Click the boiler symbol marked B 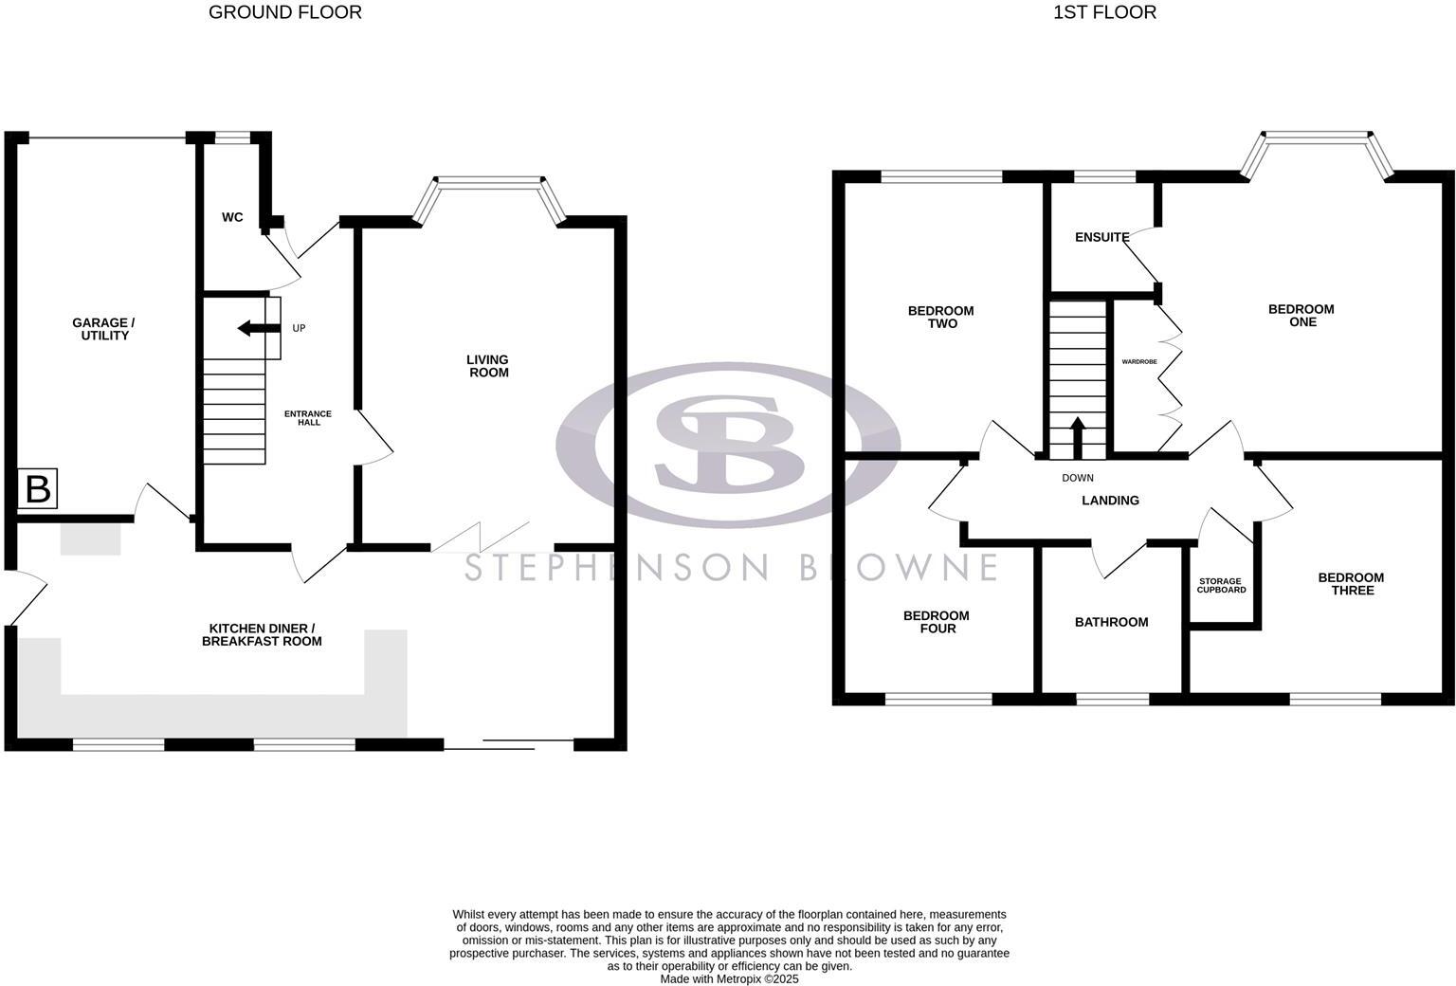pos(38,489)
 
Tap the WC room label pos(232,217)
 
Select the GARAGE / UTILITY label pos(104,329)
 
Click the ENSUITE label pos(1101,237)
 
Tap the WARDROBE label pos(1139,361)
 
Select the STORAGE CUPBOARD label pos(1221,586)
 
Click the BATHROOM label pos(1111,622)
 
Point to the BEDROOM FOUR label pos(937,622)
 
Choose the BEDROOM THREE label pos(1351,584)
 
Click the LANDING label pos(1110,500)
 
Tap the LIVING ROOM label pos(487,366)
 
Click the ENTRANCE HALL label pos(309,418)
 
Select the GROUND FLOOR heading pos(284,12)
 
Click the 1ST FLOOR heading pos(1104,12)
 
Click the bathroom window pos(1113,700)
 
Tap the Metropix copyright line pos(729,979)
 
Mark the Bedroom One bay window pos(1319,138)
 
